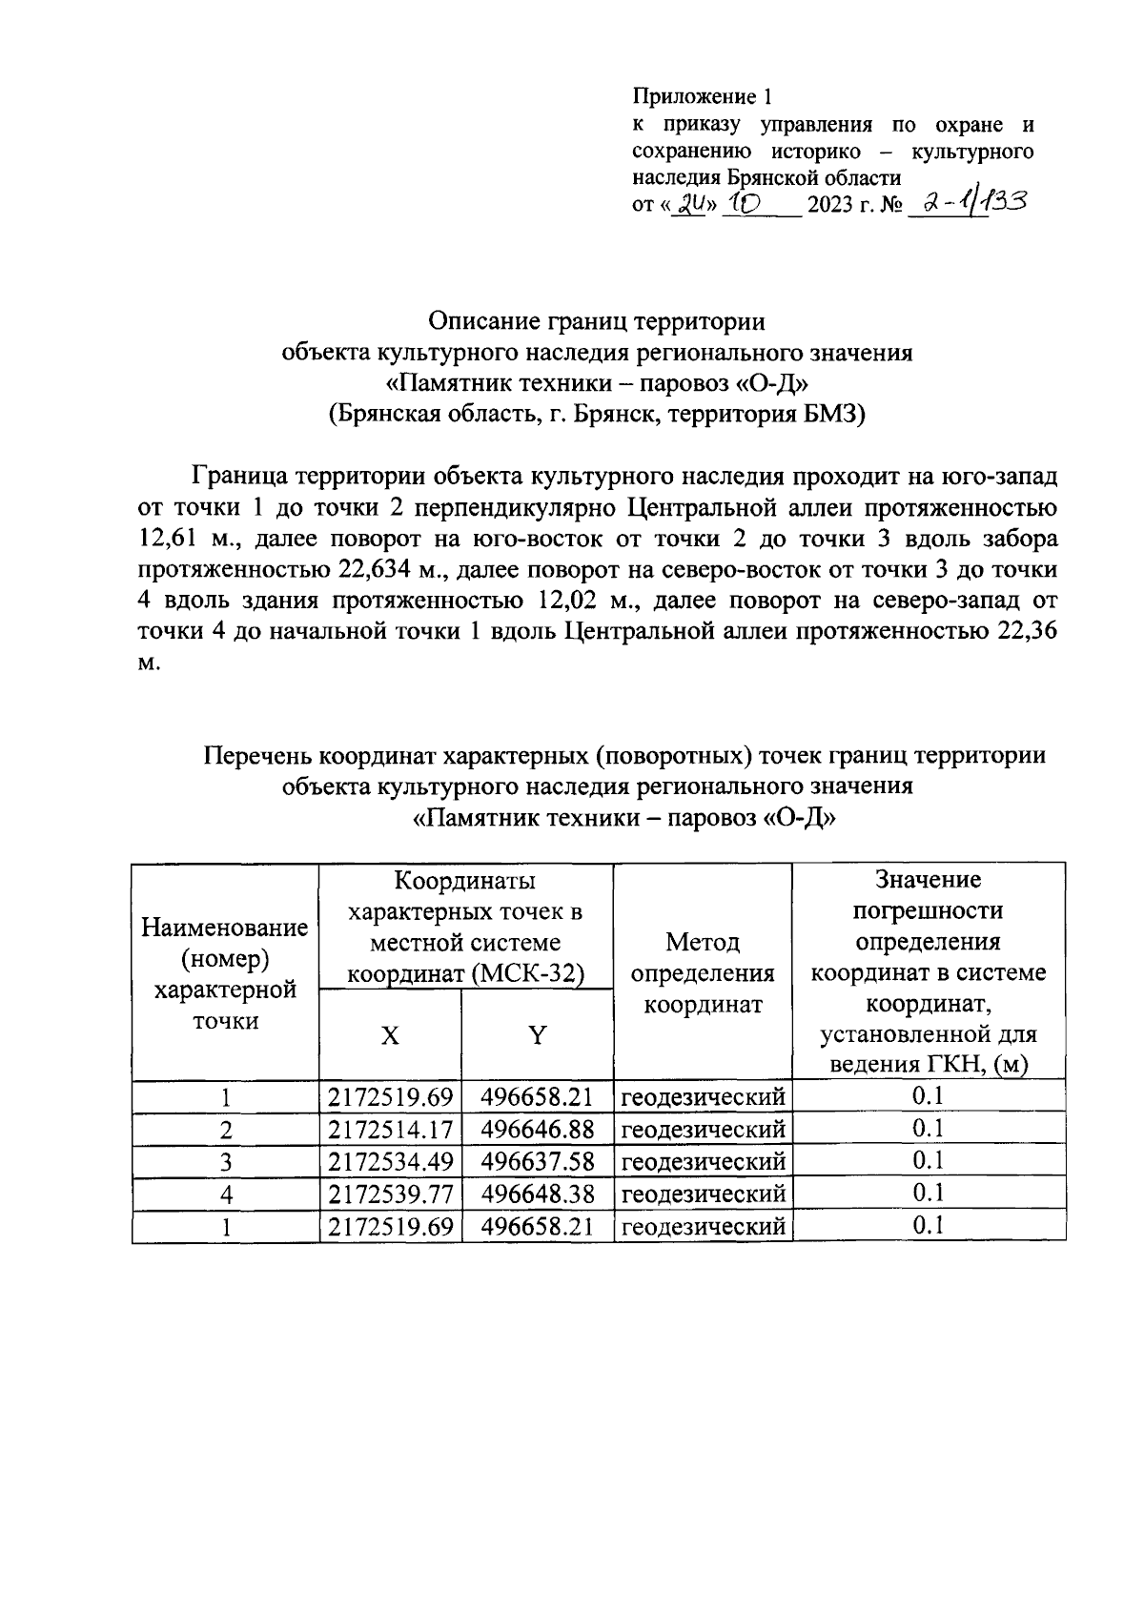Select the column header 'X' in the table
(x=390, y=1036)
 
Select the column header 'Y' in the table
(x=538, y=1036)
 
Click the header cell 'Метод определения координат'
(x=703, y=973)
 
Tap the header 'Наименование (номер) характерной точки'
(x=225, y=973)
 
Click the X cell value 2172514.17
(x=390, y=1131)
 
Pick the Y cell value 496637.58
(x=538, y=1162)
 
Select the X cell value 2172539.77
(x=390, y=1194)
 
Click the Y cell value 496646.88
(x=538, y=1131)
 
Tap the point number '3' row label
(x=225, y=1163)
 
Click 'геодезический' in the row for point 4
(x=703, y=1194)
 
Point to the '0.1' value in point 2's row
(x=928, y=1130)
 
